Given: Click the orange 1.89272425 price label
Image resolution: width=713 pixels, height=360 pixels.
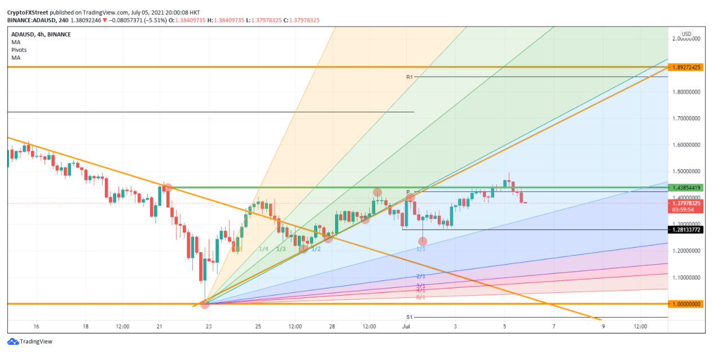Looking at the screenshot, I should pos(686,67).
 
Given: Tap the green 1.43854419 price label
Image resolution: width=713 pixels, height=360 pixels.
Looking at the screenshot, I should pos(686,187).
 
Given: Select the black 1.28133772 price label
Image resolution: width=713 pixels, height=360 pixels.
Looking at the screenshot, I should pos(686,230).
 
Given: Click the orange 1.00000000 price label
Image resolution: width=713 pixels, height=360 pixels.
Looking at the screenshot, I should pos(686,304).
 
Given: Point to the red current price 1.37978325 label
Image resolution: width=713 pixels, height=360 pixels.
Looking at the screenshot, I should pos(686,203).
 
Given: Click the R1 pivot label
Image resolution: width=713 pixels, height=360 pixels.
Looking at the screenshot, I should pos(410,77).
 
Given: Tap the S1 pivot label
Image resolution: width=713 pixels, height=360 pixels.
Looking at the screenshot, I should pos(410,317).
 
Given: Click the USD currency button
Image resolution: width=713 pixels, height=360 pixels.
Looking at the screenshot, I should pos(686,34).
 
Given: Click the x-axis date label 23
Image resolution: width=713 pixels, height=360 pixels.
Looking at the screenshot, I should pos(209,326).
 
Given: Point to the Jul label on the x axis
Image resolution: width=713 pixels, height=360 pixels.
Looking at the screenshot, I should pos(406,326).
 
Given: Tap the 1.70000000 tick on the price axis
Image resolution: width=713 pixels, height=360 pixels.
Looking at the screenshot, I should pos(685,118).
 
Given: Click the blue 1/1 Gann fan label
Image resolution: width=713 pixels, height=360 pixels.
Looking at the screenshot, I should pos(421,249).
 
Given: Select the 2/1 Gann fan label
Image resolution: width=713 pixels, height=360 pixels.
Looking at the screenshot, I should pos(421,276).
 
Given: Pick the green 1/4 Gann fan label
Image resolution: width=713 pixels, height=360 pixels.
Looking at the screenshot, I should pos(263,249).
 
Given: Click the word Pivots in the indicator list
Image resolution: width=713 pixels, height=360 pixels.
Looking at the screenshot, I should pos(19,50).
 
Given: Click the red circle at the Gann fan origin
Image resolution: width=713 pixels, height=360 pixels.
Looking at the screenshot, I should pos(205,304).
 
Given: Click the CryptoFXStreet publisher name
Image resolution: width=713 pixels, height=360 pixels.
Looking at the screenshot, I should pos(27,12).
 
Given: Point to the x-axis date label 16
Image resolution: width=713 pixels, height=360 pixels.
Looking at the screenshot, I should pos(36,326).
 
